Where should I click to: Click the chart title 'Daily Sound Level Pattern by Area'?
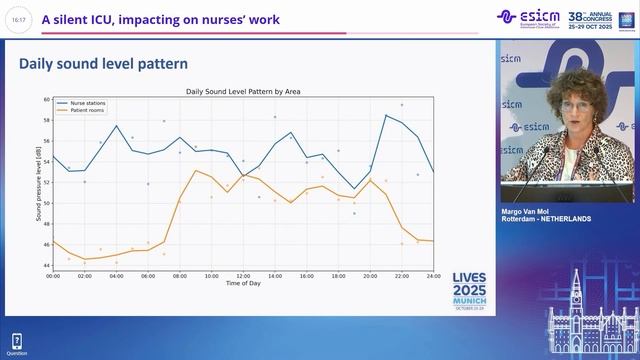(x=243, y=92)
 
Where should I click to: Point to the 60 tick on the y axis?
(x=46, y=100)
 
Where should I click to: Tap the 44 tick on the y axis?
(x=46, y=265)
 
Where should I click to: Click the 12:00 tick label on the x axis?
(x=243, y=275)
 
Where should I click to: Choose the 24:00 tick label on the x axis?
(x=433, y=275)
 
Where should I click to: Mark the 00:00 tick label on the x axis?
(x=53, y=275)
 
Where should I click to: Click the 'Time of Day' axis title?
(x=243, y=283)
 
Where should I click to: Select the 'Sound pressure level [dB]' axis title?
(x=38, y=182)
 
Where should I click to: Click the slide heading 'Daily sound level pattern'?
(x=104, y=64)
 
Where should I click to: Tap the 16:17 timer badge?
(x=19, y=19)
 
